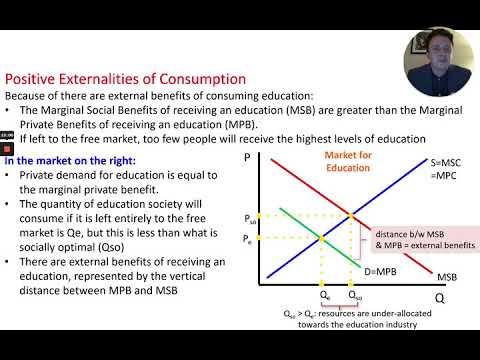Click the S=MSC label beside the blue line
tap(433, 163)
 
